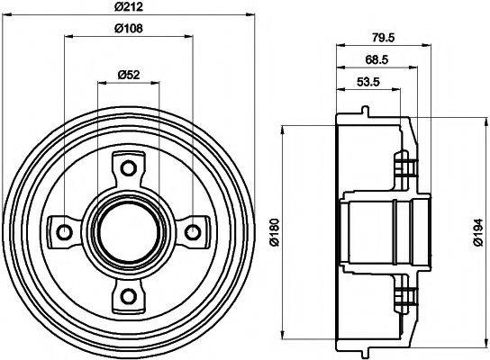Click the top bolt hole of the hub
click(127, 168)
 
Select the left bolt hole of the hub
click(63, 232)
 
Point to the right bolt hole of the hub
click(191, 232)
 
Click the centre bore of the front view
click(127, 232)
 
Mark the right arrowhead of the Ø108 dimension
click(186, 37)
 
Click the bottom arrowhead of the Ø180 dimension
click(283, 332)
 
